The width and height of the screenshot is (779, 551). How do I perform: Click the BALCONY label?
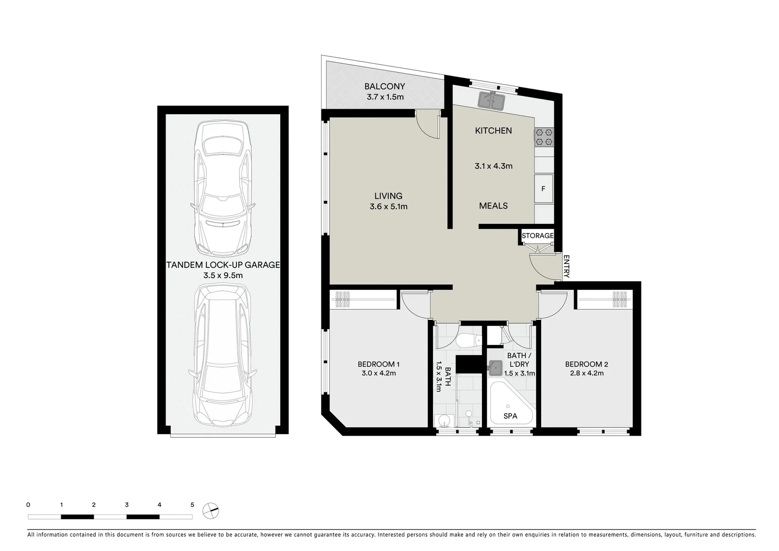click(385, 87)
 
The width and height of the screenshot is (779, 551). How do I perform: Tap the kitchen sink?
click(491, 100)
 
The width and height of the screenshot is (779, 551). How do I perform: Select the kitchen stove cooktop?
click(544, 136)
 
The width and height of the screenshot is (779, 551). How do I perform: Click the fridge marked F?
click(543, 189)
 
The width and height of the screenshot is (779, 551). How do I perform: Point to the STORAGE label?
click(537, 236)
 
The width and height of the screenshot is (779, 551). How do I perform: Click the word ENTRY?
click(566, 266)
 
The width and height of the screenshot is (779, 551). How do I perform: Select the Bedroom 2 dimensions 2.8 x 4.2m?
click(586, 373)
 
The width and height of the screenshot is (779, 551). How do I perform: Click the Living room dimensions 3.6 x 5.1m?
click(388, 207)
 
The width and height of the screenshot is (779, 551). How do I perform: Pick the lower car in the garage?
click(222, 355)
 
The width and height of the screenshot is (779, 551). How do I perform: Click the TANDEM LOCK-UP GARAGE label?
click(223, 265)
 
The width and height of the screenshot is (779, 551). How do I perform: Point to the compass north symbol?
click(210, 510)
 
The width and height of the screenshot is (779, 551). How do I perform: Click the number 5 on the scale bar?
click(192, 505)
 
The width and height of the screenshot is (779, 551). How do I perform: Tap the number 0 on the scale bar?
click(28, 505)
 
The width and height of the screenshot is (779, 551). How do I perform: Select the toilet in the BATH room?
click(468, 341)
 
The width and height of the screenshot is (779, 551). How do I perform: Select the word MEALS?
click(493, 206)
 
